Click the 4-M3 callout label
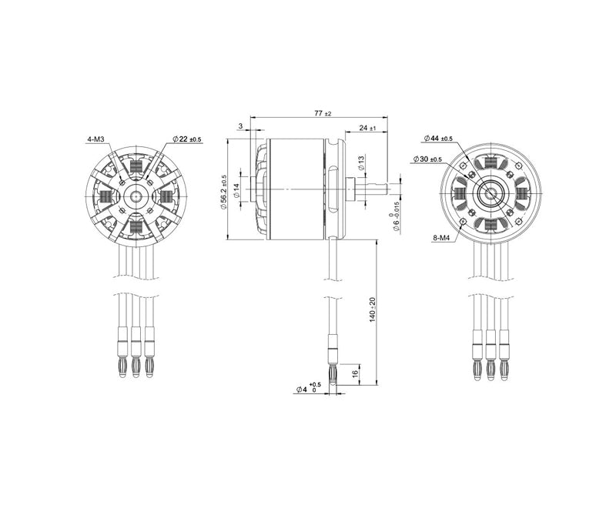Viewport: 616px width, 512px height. coord(100,140)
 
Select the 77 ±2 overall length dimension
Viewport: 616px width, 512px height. coord(323,113)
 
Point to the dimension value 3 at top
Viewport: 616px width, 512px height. coord(241,126)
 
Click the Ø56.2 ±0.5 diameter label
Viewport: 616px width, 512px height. coord(224,189)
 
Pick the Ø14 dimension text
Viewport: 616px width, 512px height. coord(237,189)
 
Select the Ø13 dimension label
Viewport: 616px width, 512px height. coord(360,162)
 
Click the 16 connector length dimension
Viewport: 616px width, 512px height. coord(354,373)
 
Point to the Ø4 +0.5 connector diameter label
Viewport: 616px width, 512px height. coord(308,389)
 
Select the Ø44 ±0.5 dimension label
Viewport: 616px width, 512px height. coord(438,139)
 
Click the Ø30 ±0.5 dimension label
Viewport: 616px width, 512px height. coord(427,159)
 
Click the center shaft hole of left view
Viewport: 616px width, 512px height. coord(136,195)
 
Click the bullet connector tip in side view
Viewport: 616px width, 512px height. coord(333,376)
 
